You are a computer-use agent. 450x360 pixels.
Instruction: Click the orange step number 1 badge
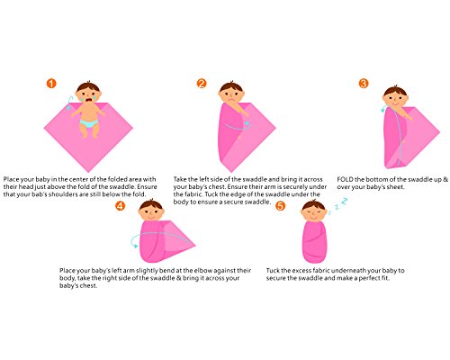coord(51,84)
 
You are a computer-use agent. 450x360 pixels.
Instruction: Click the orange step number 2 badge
coord(202,84)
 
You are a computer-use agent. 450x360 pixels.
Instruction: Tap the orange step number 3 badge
coord(364,84)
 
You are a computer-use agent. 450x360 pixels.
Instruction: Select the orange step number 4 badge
coord(120,206)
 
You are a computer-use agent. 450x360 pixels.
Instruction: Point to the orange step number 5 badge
coord(280,206)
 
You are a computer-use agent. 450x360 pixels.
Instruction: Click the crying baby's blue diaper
coord(89,123)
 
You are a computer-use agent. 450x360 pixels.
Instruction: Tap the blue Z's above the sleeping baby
coord(338,205)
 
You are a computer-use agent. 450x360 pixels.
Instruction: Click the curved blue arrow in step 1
coord(68,102)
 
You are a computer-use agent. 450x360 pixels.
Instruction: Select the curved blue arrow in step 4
coord(132,241)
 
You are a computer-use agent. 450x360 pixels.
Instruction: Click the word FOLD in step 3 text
coord(345,180)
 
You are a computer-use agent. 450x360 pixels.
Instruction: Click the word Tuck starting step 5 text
coord(273,271)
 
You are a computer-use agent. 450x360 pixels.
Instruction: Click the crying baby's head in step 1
coord(88,92)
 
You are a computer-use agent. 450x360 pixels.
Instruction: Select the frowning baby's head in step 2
coord(230,92)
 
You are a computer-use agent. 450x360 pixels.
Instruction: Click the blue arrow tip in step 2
coord(247,123)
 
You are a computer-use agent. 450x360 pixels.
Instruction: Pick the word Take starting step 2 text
coord(180,180)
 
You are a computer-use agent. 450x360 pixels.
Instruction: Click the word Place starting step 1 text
coord(11,180)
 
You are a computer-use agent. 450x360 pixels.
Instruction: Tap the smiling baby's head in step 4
coord(151,210)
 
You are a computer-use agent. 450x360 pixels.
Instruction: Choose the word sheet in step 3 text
coord(395,187)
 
